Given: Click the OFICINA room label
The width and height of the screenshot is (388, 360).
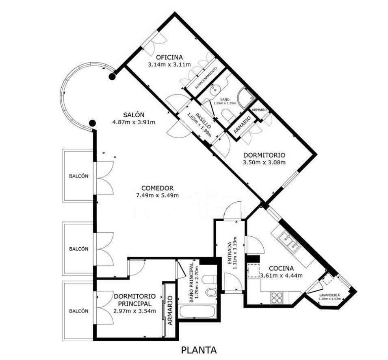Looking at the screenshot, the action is (x=169, y=57).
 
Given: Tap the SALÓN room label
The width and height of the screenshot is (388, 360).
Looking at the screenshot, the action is (x=134, y=115).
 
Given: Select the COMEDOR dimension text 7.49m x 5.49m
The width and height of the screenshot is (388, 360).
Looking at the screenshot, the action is (x=157, y=196).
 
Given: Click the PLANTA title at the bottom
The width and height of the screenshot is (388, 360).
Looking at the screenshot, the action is (x=199, y=350).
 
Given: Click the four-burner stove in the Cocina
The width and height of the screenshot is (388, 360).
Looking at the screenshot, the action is (x=277, y=298).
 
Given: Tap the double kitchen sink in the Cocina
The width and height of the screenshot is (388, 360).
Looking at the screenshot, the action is (x=289, y=242).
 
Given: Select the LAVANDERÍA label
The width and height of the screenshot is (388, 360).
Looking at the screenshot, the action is (x=329, y=295).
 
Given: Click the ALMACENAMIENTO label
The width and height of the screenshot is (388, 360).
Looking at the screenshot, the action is (x=206, y=78).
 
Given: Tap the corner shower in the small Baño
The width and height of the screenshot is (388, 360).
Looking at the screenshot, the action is (x=246, y=98).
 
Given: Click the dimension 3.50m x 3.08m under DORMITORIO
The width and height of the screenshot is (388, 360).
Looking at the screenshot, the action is (x=264, y=163).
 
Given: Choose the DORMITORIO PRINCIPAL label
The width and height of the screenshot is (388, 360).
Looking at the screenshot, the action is (x=134, y=300).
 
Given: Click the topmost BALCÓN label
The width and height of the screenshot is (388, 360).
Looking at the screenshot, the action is (x=79, y=176).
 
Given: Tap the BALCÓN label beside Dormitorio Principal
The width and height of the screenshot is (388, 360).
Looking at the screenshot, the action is (x=79, y=311).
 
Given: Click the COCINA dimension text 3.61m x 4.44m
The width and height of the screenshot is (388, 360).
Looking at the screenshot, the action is (x=281, y=275).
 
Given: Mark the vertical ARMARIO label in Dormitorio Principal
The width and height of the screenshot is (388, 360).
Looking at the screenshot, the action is (x=170, y=310).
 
